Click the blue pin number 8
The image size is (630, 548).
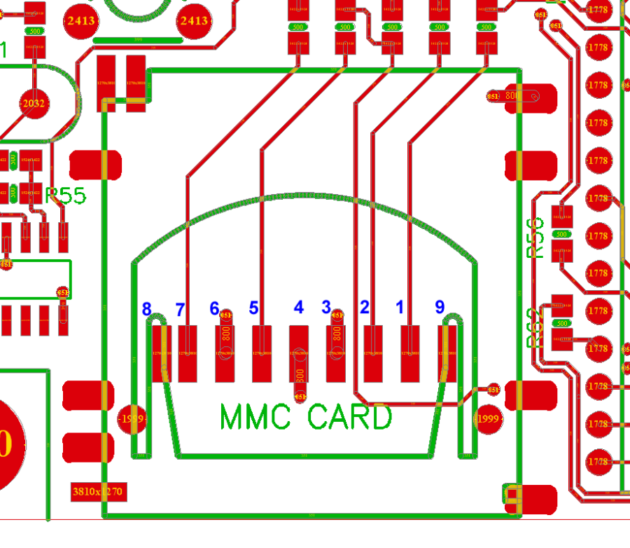pos(146,309)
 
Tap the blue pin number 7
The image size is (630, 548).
pos(180,309)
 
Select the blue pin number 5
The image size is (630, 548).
pos(254,308)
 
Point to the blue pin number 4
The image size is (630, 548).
pos(299,308)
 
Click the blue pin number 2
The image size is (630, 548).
pos(364,307)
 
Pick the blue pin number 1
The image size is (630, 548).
pos(400,307)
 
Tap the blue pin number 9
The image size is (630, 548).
pos(440,307)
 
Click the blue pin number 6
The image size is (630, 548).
pos(215,308)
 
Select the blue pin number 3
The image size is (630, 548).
pos(325,307)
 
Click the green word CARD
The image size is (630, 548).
pos(349,418)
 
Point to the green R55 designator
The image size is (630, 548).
pos(66,196)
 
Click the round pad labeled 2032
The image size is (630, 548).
pos(34,104)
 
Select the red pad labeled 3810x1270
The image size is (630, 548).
pos(99,491)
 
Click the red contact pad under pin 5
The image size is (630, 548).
pos(262,354)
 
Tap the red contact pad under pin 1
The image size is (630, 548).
pos(409,354)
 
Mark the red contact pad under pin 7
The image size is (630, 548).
pos(188,354)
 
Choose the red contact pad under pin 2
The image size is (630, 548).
pos(373,354)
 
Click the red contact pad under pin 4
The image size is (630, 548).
pos(299,354)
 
